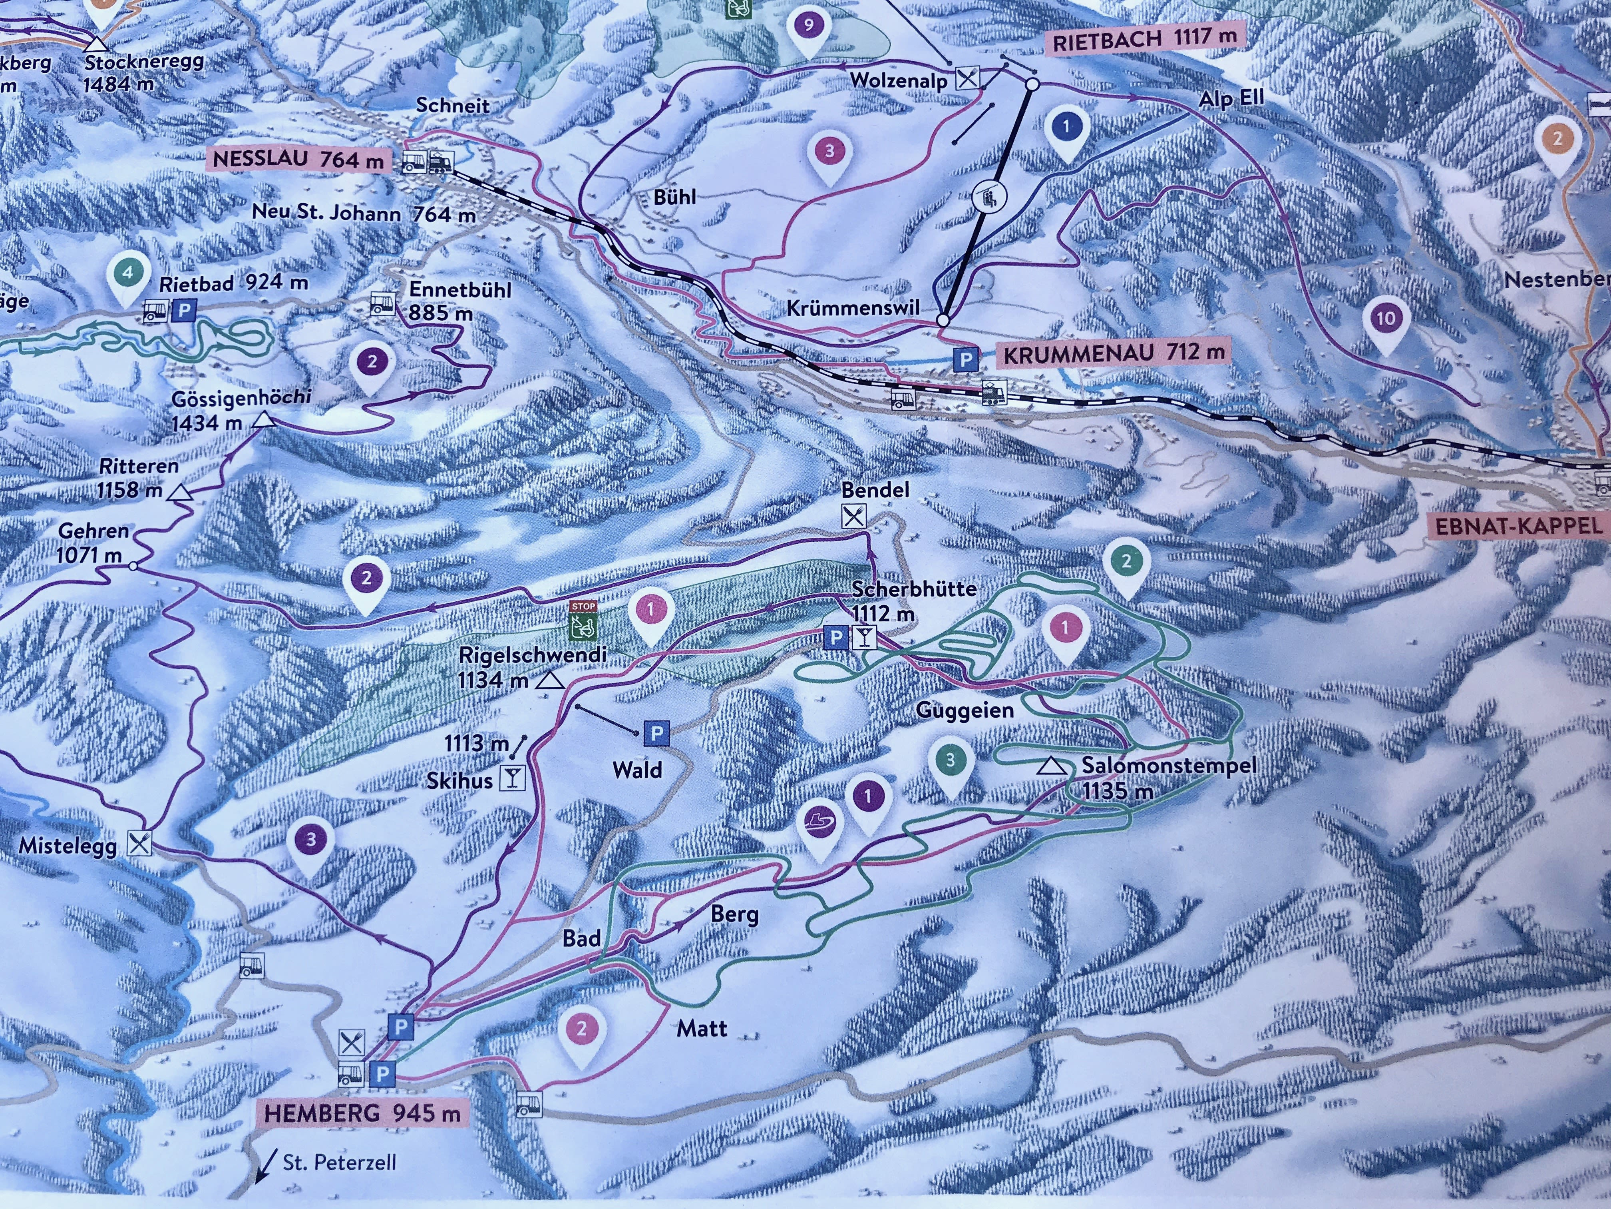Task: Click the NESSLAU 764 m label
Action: [298, 159]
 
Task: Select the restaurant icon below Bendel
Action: [853, 516]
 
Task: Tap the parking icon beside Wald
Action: [656, 734]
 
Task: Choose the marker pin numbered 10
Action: [1386, 319]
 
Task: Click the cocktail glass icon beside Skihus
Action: [513, 779]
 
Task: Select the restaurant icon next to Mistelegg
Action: [139, 843]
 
